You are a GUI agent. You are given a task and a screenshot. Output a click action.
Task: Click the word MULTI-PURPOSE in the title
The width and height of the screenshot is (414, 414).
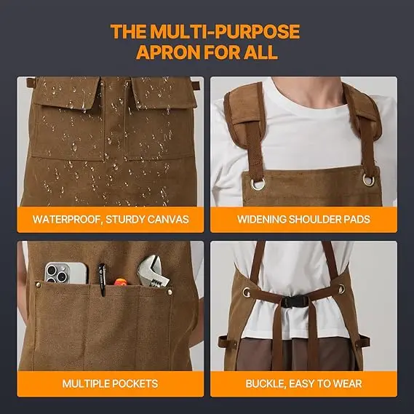click(225, 32)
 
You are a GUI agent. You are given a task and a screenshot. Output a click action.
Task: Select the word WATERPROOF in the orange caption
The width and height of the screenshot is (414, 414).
click(66, 220)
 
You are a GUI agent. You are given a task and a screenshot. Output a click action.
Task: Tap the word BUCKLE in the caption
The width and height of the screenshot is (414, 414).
click(266, 383)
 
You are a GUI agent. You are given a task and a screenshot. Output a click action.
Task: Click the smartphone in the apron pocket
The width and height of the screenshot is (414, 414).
click(66, 273)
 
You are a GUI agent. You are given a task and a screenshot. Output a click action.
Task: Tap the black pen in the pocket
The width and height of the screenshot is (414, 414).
click(102, 279)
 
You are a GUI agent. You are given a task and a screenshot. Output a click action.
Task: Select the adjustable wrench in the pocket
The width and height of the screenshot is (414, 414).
click(153, 272)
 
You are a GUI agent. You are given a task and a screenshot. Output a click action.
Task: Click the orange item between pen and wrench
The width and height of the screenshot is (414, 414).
click(120, 282)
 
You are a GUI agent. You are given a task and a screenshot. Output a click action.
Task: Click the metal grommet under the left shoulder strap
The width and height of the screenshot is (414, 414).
click(258, 184)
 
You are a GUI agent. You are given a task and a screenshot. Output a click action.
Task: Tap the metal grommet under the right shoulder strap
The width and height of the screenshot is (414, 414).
click(369, 180)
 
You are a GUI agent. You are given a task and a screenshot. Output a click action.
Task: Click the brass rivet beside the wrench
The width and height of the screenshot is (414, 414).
click(170, 292)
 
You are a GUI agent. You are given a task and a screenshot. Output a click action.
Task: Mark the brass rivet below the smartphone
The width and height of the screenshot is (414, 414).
click(38, 284)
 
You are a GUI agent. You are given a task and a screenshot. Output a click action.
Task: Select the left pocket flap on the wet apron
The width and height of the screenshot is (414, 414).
click(68, 92)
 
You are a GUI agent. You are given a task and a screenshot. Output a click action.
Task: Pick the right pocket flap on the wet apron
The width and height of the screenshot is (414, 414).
click(164, 92)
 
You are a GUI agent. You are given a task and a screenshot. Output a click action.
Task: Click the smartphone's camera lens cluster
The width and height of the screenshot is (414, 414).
click(57, 273)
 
